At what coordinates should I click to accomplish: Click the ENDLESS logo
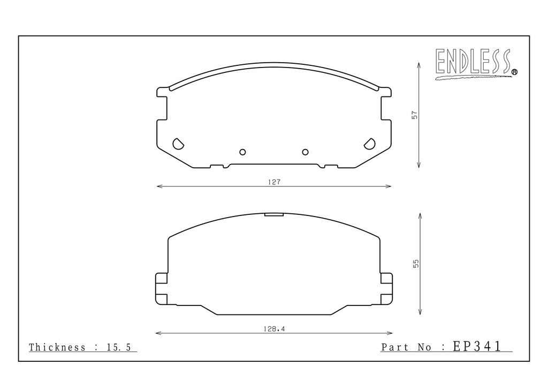coord(476,64)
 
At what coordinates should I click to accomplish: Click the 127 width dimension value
coord(275,182)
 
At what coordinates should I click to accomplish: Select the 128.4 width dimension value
coord(274,329)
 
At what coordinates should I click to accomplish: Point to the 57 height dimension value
coord(415,115)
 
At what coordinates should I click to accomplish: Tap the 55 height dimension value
coord(415,264)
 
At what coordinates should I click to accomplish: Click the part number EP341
coord(477,346)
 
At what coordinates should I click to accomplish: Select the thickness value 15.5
coord(118,347)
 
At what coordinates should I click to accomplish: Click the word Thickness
coord(57,347)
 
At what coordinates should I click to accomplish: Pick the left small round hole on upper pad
coord(242,152)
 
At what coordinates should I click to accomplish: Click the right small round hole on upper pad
coord(305,152)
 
